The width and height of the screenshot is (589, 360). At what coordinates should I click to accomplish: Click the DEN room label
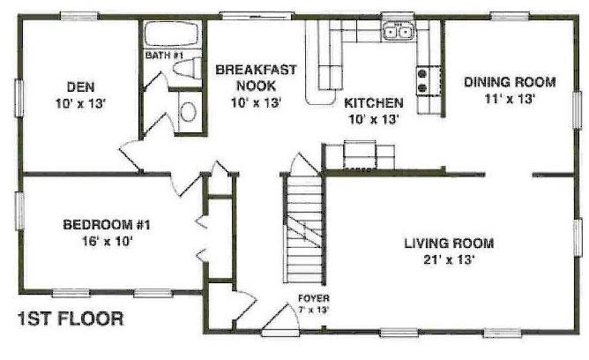pos(80,86)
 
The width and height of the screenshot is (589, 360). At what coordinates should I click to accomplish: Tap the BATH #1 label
pos(164,56)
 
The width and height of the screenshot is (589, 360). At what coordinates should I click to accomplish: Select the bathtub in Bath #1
pos(172,34)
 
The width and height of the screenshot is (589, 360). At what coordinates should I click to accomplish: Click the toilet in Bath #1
pos(188,68)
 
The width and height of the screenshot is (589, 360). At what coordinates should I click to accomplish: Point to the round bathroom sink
pos(188,112)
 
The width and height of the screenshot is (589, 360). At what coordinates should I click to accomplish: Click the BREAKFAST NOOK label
pos(256,78)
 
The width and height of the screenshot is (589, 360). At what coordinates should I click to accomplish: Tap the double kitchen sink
pos(399,31)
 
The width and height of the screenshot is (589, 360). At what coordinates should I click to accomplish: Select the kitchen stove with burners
pos(429,80)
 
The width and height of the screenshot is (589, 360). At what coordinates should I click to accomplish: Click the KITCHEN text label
pos(374,102)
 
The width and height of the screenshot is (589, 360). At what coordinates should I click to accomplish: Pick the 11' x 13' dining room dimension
pos(510,99)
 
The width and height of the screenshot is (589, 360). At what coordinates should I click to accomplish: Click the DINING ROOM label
pos(510,82)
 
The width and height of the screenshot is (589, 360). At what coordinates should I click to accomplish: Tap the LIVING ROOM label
pos(449,244)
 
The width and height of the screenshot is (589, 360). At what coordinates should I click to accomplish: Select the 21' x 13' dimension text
pos(449,259)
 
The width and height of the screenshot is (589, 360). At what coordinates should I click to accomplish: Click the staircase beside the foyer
pos(304,229)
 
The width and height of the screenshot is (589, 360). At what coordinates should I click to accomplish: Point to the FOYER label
pos(314,298)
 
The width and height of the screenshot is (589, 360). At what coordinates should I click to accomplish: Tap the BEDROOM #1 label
pos(107,225)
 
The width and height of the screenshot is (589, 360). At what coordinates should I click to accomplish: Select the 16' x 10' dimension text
pos(108,241)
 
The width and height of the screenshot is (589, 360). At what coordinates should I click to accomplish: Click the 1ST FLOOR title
pos(71,319)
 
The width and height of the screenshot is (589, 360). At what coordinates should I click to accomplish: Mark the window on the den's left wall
pos(19,98)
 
